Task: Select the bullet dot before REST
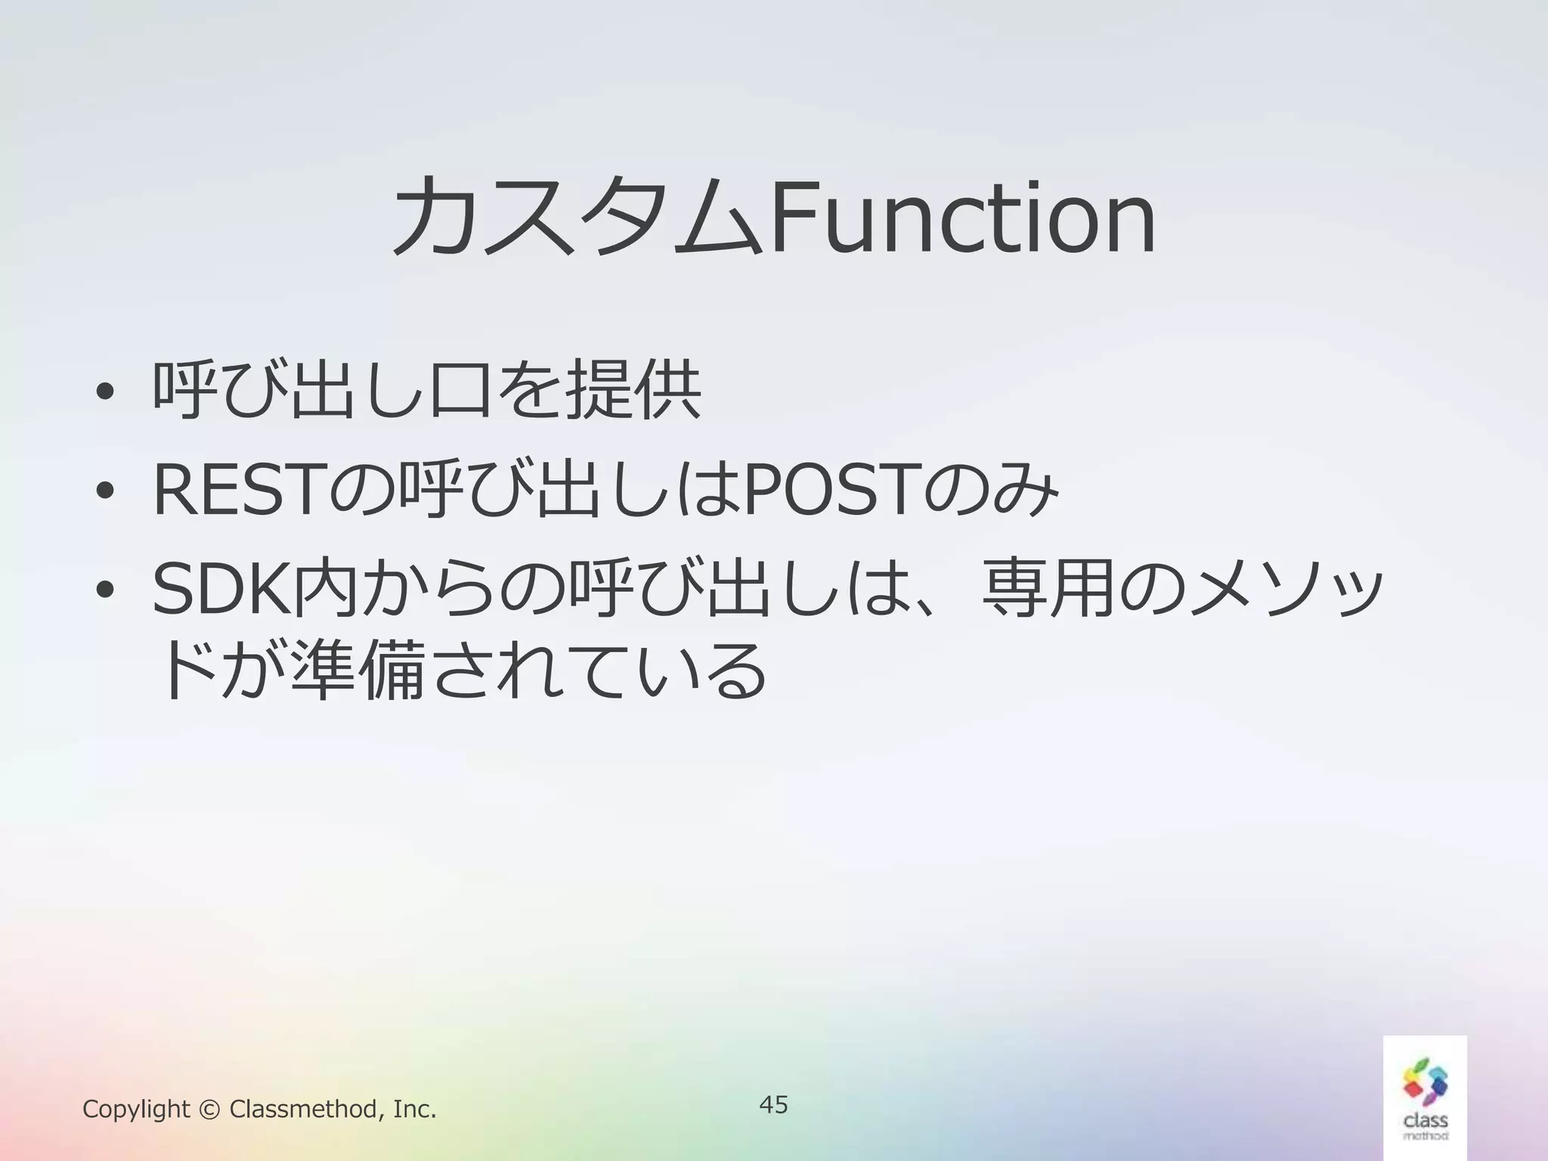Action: [x=105, y=491]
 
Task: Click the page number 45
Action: [x=773, y=1104]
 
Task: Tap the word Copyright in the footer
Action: [x=136, y=1110]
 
